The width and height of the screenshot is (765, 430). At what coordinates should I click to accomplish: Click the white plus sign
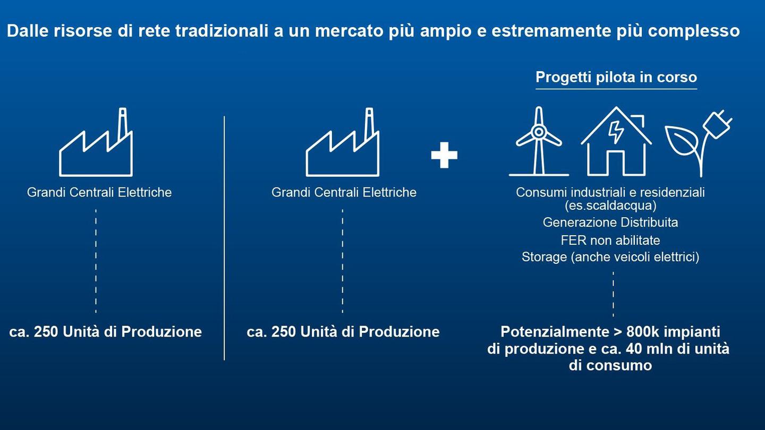(444, 155)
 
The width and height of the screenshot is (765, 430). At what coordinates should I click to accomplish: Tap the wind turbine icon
(539, 141)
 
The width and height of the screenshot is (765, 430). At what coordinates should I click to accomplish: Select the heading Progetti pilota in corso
(616, 77)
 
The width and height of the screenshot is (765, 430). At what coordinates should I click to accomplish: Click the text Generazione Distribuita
(610, 222)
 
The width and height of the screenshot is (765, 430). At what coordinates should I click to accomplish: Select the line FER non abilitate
(610, 240)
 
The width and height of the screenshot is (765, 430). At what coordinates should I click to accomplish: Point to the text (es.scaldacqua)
(610, 206)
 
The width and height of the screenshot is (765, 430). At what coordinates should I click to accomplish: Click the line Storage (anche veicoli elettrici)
(610, 257)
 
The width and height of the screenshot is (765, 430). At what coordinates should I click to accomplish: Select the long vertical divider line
(224, 238)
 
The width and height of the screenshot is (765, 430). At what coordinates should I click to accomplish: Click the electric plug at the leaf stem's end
(717, 124)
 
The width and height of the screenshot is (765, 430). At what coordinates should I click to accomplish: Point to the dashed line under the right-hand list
(613, 294)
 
